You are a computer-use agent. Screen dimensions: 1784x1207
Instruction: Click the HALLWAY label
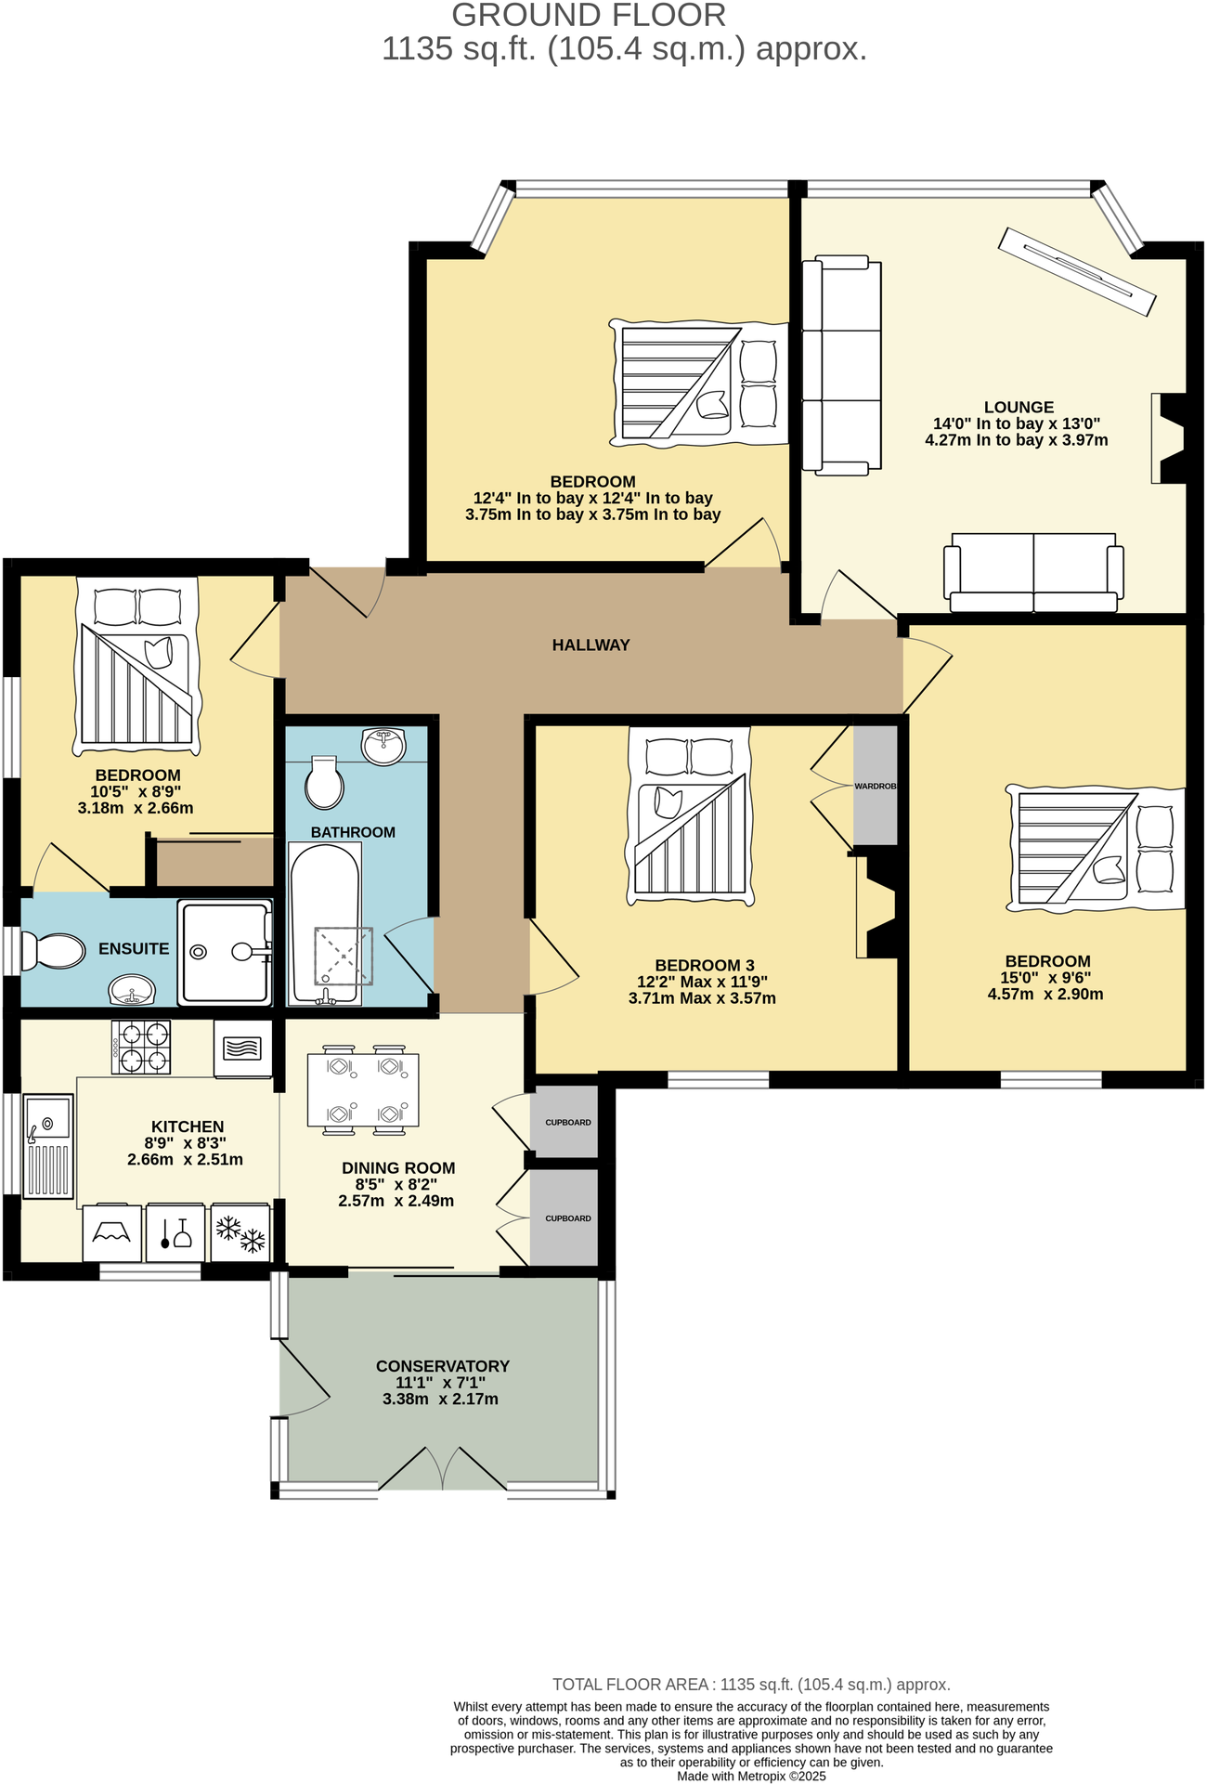[x=591, y=645]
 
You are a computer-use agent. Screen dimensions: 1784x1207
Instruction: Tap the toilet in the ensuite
[x=54, y=951]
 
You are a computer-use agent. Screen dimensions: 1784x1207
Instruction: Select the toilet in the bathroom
[x=324, y=782]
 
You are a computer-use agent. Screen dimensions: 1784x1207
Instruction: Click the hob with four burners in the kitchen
[x=141, y=1047]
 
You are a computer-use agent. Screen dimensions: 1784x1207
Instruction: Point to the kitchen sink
[x=48, y=1146]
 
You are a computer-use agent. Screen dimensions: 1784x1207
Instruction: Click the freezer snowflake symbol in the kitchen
[x=240, y=1234]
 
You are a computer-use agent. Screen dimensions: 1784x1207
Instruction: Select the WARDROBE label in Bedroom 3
[x=875, y=786]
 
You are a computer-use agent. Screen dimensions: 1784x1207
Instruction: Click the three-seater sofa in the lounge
[x=841, y=366]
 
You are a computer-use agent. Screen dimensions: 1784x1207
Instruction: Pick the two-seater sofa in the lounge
[x=1033, y=572]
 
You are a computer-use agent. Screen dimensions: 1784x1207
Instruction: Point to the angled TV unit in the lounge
[x=1077, y=271]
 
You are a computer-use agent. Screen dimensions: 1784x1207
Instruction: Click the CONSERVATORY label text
[x=443, y=1366]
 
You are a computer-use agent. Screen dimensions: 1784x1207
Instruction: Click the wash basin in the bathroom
[x=383, y=746]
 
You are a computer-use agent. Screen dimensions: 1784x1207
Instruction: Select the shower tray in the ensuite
[x=226, y=952]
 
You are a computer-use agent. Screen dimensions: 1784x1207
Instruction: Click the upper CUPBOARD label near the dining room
[x=567, y=1122]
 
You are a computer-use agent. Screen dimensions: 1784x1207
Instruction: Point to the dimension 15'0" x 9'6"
[x=1045, y=978]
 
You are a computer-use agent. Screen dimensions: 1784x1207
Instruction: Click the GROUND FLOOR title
[x=589, y=16]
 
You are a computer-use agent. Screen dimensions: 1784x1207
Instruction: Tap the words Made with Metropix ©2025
[x=751, y=1776]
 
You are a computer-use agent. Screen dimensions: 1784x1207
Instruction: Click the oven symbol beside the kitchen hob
[x=242, y=1048]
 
